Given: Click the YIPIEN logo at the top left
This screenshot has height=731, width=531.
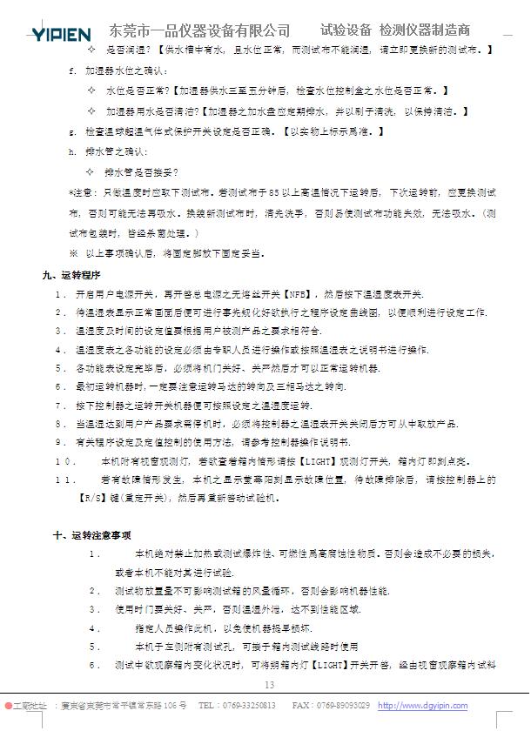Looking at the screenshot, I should click(x=61, y=34).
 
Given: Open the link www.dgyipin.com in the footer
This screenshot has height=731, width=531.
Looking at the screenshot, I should click(x=422, y=706).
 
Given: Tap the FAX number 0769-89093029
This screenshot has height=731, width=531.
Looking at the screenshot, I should click(x=343, y=706).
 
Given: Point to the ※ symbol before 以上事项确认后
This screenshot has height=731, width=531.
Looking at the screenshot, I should click(x=73, y=253).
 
